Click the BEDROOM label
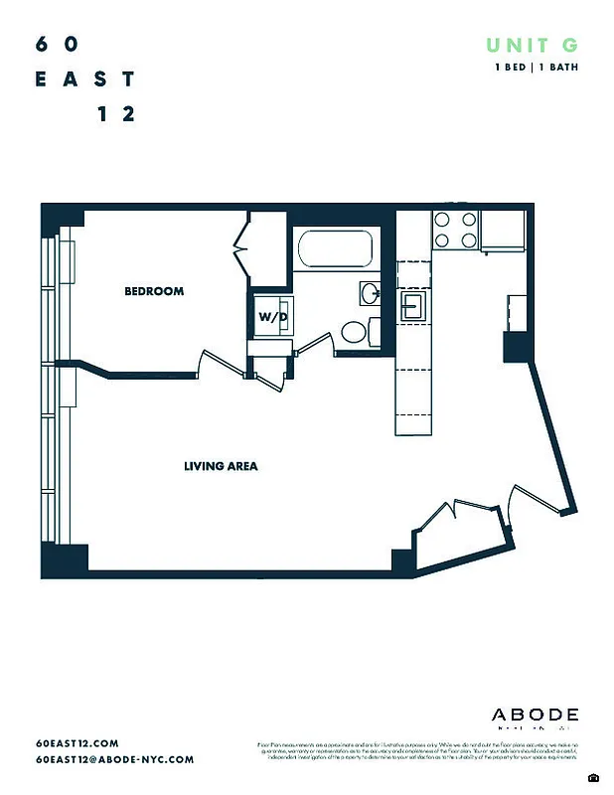point(154,291)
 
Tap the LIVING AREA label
point(221,465)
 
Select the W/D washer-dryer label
point(273,317)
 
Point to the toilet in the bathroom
point(352,332)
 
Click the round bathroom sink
point(369,292)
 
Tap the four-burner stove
point(455,231)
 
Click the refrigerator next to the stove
point(502,231)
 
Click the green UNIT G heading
point(531,45)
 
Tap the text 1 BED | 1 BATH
point(537,67)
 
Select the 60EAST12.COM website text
point(77,743)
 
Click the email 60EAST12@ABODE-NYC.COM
point(114,759)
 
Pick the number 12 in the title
point(116,114)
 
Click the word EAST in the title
point(85,79)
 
